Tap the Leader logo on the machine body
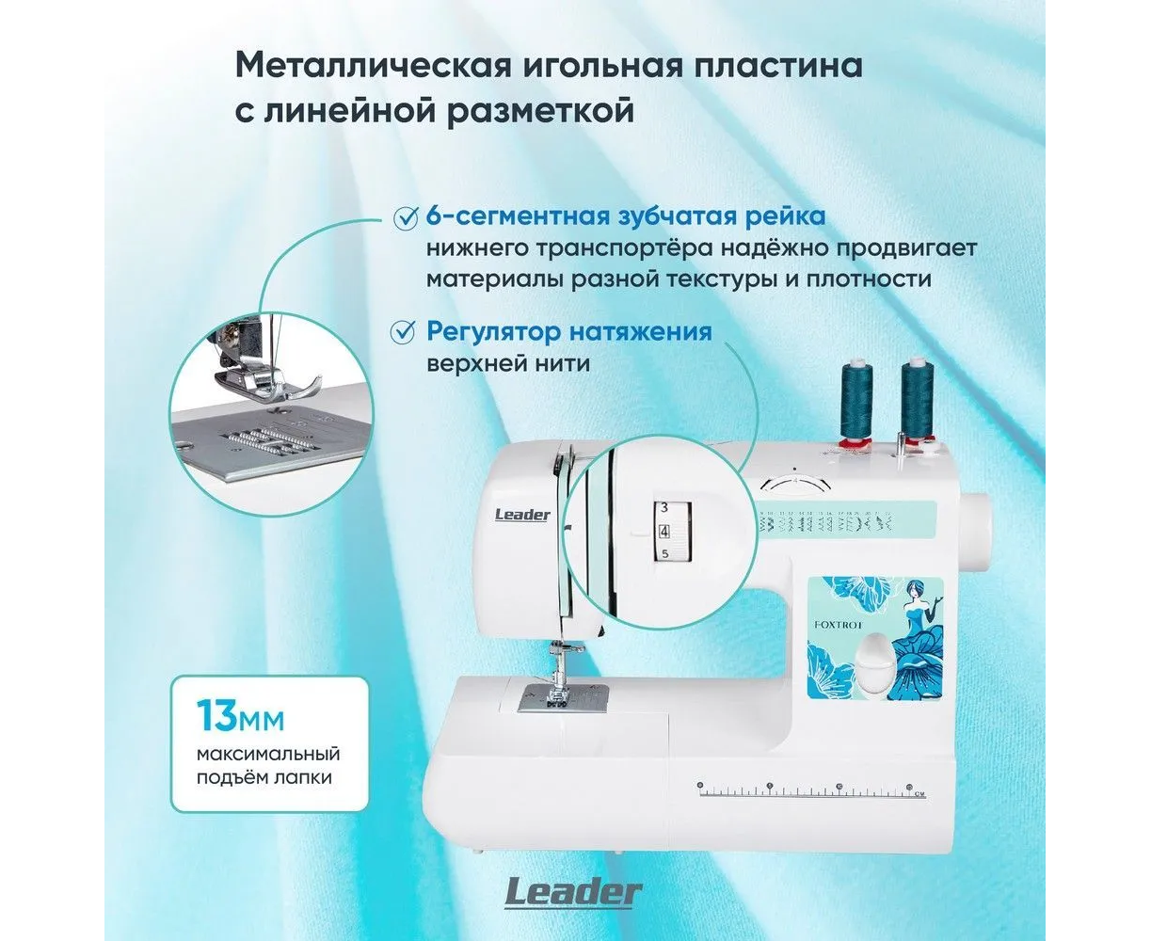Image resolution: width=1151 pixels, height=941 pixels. click(x=522, y=515)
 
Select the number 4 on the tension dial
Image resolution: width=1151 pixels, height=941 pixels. click(x=664, y=531)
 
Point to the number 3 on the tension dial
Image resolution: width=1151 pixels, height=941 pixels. click(x=664, y=507)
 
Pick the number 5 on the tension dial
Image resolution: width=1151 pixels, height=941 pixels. click(x=664, y=554)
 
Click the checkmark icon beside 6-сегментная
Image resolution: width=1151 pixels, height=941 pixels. click(x=406, y=217)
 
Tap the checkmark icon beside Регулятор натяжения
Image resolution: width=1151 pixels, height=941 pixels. click(x=403, y=332)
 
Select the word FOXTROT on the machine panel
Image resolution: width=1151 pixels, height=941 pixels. click(x=838, y=625)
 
